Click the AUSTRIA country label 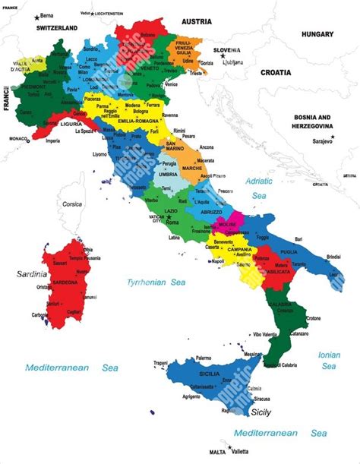[x=196, y=22]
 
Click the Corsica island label [x=72, y=204]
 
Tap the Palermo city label [x=204, y=358]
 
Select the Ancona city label [x=207, y=147]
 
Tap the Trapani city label [x=159, y=363]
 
